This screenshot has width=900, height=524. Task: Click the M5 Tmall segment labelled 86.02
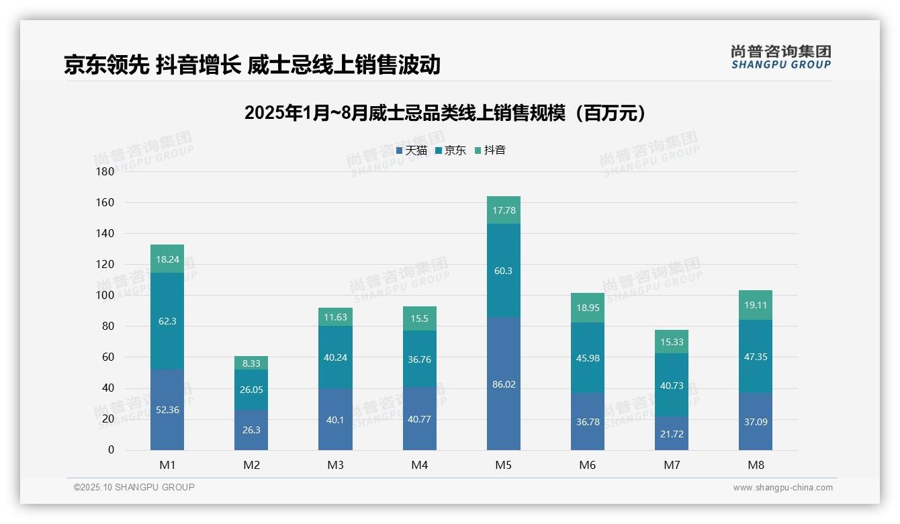click(x=503, y=384)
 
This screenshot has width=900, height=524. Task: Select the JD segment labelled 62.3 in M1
click(x=167, y=321)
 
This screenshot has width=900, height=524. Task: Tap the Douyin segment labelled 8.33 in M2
click(x=251, y=363)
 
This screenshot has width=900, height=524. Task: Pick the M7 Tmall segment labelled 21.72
click(x=671, y=433)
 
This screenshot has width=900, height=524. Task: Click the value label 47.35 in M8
click(x=756, y=357)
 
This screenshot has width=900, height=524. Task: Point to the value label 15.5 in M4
click(x=420, y=318)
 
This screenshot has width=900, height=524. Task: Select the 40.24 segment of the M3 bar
click(x=335, y=357)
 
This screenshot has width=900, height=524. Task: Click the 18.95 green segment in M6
click(x=588, y=308)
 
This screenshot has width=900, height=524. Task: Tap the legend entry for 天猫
click(x=412, y=150)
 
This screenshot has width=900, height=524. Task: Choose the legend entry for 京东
click(x=451, y=150)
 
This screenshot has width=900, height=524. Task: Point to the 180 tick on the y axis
click(x=105, y=171)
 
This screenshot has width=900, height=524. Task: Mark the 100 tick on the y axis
click(x=105, y=295)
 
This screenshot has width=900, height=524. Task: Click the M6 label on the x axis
click(x=587, y=465)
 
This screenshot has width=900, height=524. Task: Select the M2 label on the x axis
click(x=251, y=465)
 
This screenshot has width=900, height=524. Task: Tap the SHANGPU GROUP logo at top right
click(x=780, y=57)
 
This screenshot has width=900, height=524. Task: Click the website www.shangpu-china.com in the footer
click(x=782, y=488)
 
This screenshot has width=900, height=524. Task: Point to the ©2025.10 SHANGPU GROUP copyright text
click(x=134, y=487)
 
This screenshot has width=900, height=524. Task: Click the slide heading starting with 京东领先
click(x=252, y=64)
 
